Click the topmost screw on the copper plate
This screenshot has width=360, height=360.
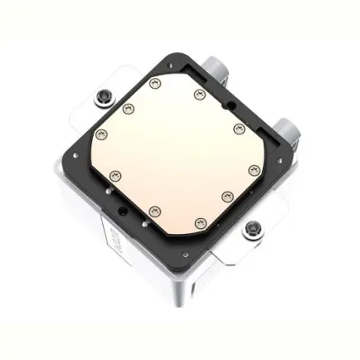[155, 83]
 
